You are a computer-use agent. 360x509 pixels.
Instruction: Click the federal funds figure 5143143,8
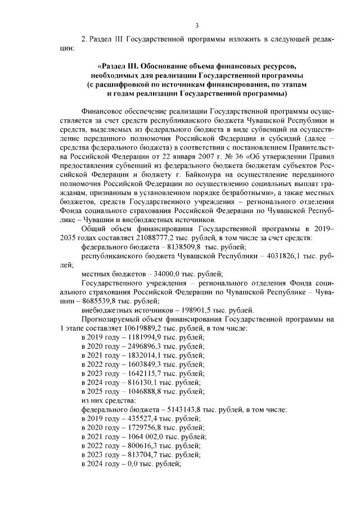pos(185,409)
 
